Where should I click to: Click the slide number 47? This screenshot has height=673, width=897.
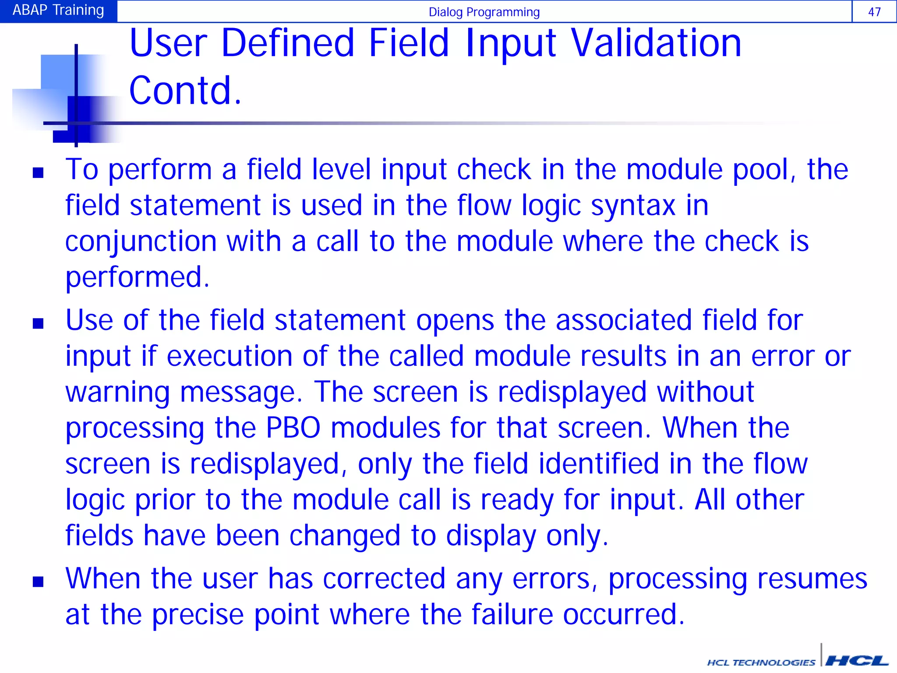coord(874,12)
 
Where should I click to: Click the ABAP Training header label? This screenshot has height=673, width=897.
coord(58,10)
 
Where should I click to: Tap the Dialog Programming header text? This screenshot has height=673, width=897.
coord(484,12)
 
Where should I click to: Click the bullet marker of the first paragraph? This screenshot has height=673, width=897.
coord(38,173)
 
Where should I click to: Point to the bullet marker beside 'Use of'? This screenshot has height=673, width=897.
coord(38,323)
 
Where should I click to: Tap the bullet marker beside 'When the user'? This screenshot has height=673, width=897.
coord(38,581)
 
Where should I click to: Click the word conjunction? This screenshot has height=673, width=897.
coord(140,242)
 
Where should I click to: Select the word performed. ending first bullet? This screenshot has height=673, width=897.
coord(137,277)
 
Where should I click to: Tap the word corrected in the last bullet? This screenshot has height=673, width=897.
coord(384,578)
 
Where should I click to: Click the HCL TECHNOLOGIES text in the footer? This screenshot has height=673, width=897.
coord(761,662)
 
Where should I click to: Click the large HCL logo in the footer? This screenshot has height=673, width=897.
coord(856,661)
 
